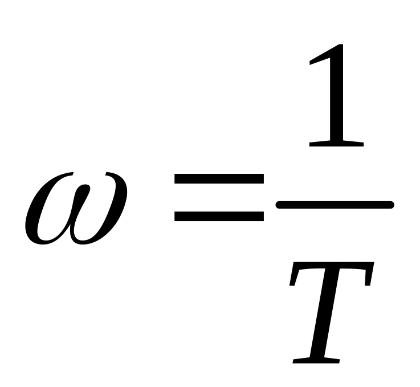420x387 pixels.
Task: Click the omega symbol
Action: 75,208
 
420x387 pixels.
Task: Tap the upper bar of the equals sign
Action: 219,180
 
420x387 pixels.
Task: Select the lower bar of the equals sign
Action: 219,216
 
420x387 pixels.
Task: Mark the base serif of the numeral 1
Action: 336,143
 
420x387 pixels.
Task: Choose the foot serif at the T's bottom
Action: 316,360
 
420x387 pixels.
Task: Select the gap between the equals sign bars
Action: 219,198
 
